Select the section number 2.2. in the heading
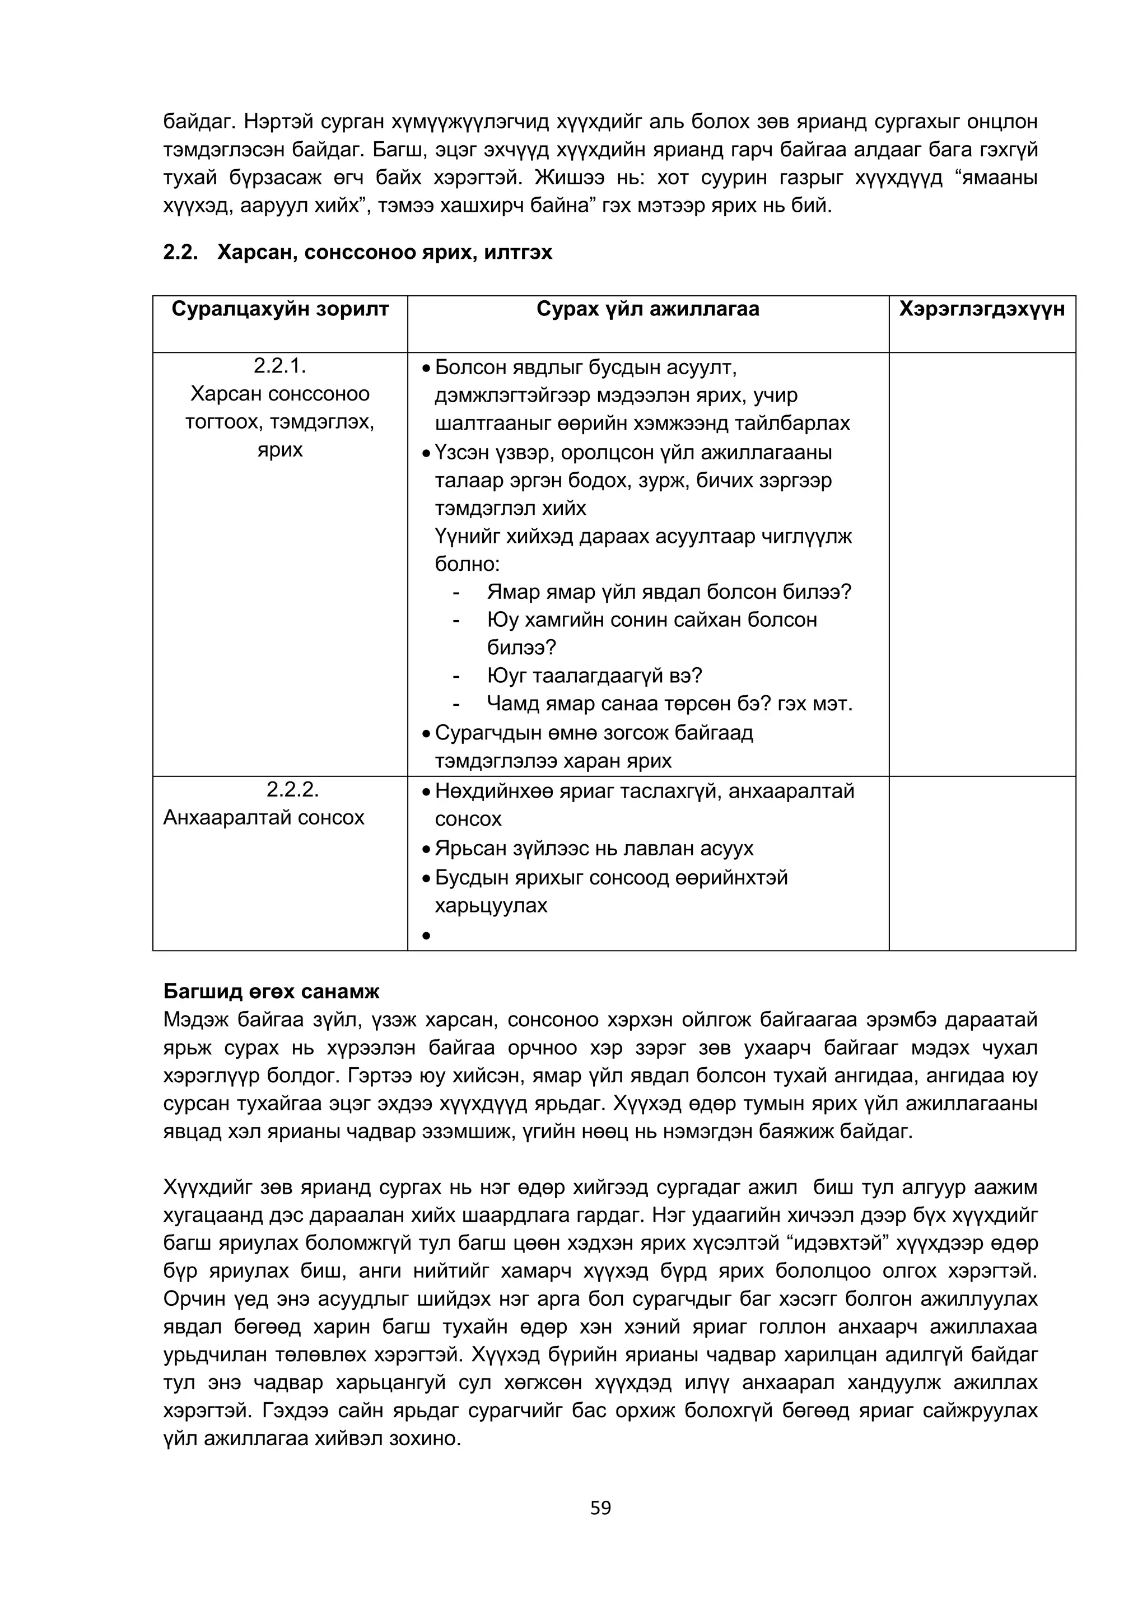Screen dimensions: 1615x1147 pyautogui.click(x=181, y=252)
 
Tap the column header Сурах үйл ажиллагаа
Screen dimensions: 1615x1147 pyautogui.click(x=647, y=309)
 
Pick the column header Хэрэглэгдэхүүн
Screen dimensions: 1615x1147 pyautogui.click(x=982, y=309)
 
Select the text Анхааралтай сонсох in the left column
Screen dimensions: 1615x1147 pyautogui.click(x=264, y=817)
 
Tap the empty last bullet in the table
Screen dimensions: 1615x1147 pyautogui.click(x=426, y=936)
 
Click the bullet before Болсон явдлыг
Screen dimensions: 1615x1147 pyautogui.click(x=426, y=370)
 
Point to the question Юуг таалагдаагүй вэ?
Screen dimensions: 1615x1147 pyautogui.click(x=594, y=676)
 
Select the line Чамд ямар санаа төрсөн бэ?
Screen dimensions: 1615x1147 pyautogui.click(x=668, y=704)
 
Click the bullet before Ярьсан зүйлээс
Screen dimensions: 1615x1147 pyautogui.click(x=426, y=849)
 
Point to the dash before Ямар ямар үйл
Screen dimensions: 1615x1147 pyautogui.click(x=457, y=592)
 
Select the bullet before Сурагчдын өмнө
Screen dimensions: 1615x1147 pyautogui.click(x=426, y=734)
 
